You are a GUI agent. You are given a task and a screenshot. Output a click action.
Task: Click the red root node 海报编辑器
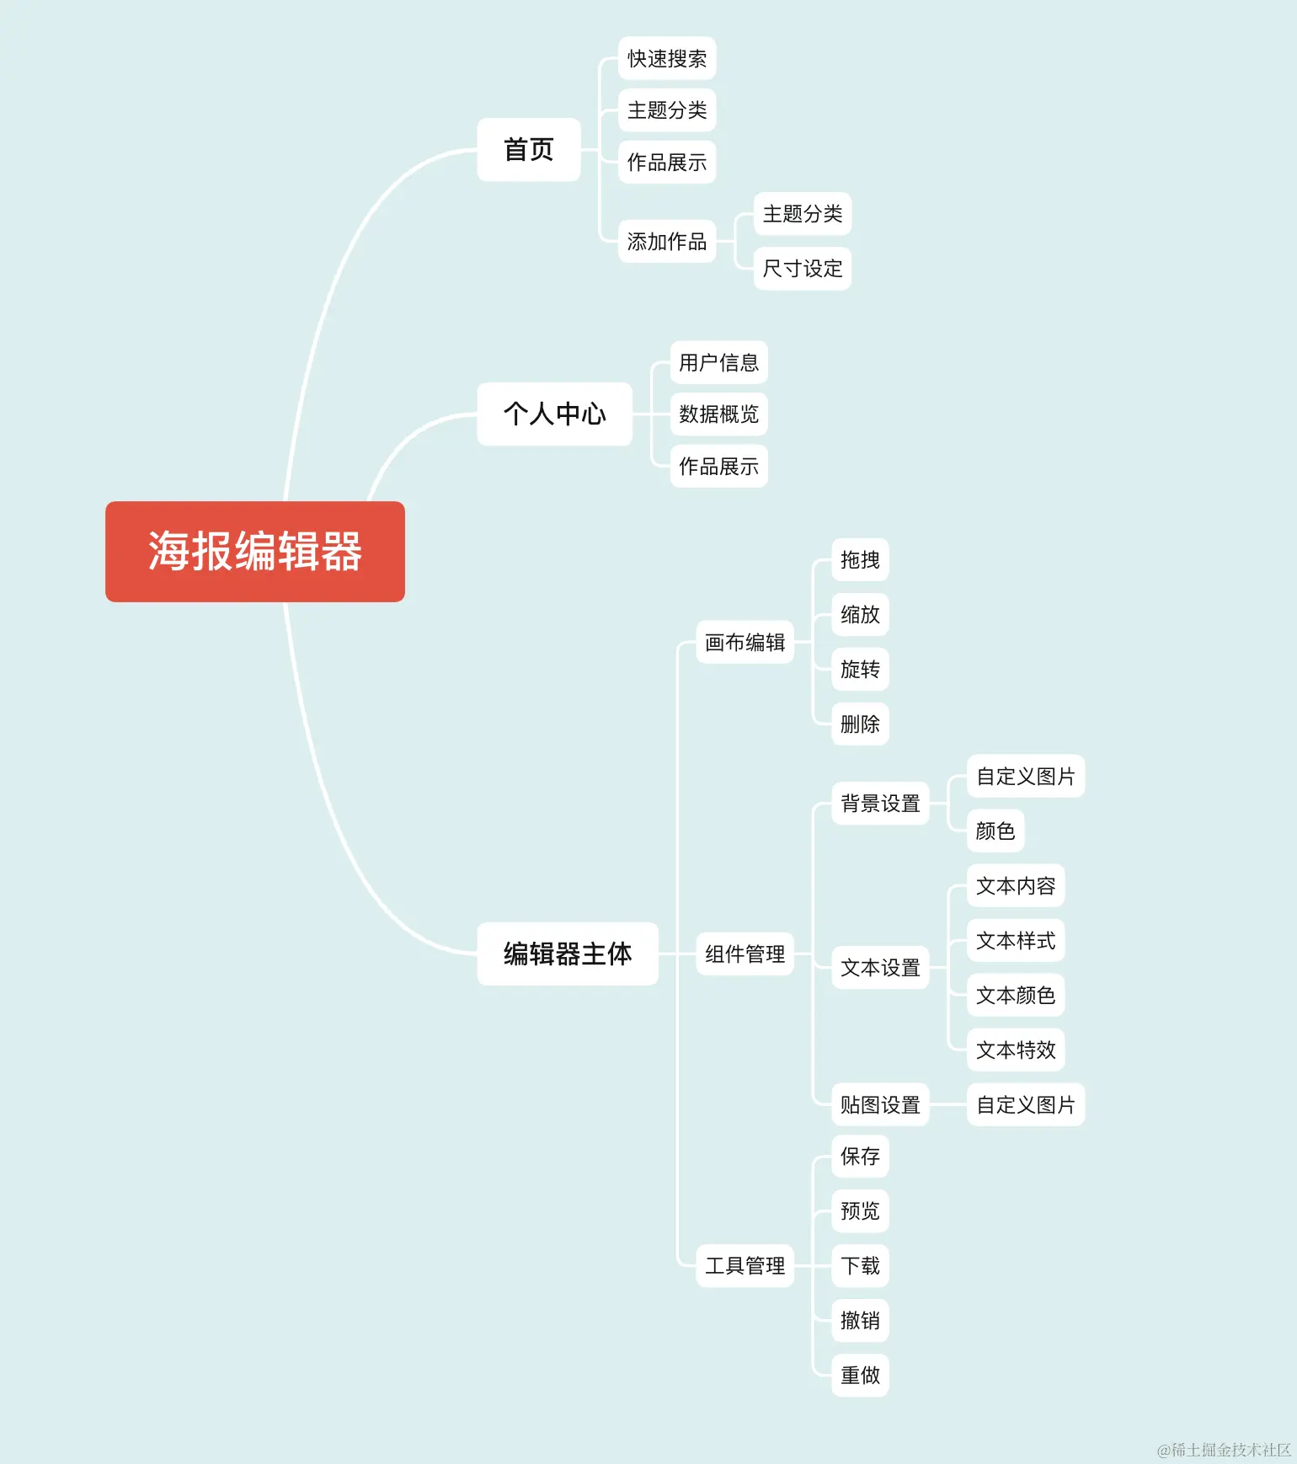point(254,552)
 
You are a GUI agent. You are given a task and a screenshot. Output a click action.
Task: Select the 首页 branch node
point(528,150)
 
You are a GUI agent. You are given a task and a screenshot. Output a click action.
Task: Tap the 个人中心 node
point(554,414)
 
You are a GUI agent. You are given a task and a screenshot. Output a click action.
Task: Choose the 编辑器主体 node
point(567,954)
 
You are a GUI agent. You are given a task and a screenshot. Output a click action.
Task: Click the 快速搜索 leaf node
point(666,58)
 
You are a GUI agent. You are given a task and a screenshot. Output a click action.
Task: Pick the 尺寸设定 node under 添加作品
point(802,269)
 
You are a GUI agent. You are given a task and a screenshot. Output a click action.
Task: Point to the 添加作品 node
point(666,242)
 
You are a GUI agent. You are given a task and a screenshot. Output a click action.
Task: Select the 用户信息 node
point(718,362)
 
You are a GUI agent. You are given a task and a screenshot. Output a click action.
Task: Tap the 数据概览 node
point(718,414)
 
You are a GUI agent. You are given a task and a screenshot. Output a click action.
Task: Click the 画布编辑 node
point(745,643)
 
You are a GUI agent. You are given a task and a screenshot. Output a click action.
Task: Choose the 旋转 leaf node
point(860,669)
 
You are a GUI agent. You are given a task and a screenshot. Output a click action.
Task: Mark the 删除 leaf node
point(860,724)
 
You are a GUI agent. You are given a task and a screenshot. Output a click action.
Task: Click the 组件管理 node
point(745,954)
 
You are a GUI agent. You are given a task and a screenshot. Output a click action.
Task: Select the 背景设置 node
point(880,804)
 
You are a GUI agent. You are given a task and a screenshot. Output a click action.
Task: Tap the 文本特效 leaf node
point(1016,1050)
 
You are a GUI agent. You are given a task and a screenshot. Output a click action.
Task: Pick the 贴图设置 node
point(880,1104)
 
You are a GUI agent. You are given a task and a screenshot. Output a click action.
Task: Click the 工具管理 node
point(745,1265)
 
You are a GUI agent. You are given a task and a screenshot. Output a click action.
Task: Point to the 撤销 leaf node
point(860,1320)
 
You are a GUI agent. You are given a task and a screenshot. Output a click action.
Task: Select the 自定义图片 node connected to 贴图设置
point(1025,1104)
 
